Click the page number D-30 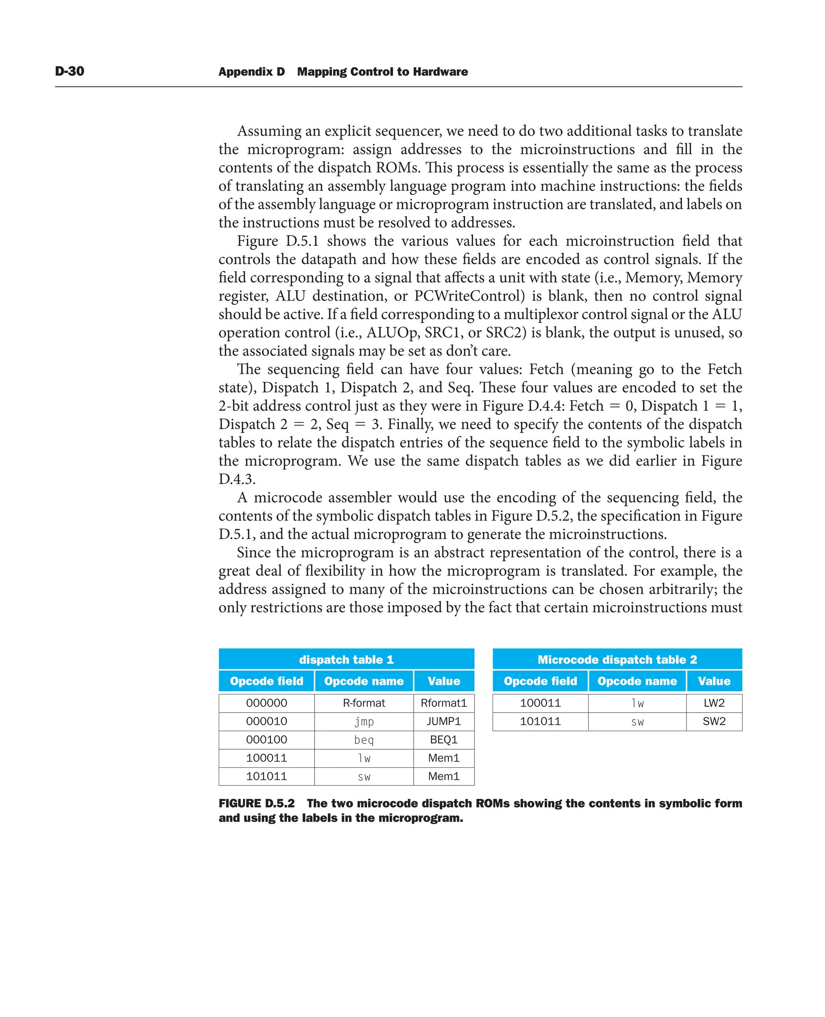(69, 71)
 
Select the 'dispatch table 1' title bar (346, 659)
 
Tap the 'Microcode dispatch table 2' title (617, 659)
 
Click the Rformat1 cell (444, 703)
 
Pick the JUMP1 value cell (444, 721)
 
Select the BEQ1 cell (444, 740)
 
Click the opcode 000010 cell (266, 721)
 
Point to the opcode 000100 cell (266, 740)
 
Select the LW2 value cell (714, 703)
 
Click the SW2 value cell (714, 721)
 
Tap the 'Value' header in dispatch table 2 (714, 681)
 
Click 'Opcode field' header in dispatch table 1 (266, 681)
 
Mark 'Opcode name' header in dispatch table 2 (637, 681)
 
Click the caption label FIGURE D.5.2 (257, 803)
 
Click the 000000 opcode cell (266, 703)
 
